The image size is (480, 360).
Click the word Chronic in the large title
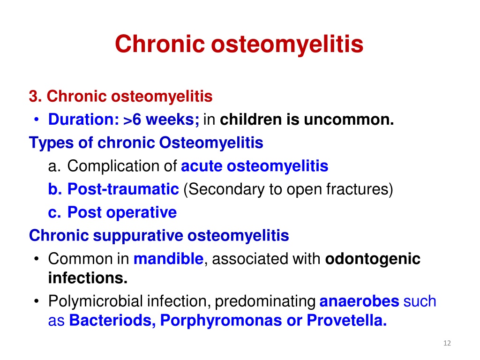(159, 44)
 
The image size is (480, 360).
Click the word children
(251, 119)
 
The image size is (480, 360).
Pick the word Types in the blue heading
(51, 143)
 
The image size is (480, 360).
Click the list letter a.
(54, 166)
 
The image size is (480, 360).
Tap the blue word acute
(202, 166)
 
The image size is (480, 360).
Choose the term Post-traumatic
(123, 189)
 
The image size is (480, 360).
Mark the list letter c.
(54, 212)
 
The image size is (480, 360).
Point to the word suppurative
(138, 236)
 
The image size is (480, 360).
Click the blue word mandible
(169, 259)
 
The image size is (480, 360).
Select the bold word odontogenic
(373, 259)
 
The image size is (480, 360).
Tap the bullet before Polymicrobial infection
(37, 301)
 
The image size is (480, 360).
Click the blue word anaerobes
(359, 301)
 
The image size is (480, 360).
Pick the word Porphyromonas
(221, 321)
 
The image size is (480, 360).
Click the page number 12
(447, 343)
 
